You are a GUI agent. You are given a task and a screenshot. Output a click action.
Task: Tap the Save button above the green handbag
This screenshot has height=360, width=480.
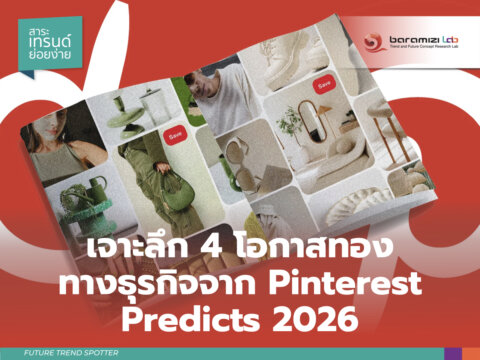tap(176, 132)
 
